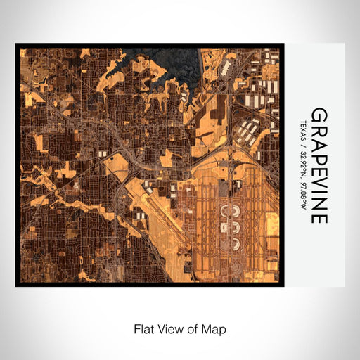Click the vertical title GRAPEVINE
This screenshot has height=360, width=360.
pyautogui.click(x=319, y=165)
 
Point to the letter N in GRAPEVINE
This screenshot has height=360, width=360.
pyautogui.click(x=319, y=200)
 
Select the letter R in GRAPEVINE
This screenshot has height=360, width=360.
pyautogui.click(x=319, y=127)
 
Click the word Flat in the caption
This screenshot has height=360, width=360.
pyautogui.click(x=143, y=328)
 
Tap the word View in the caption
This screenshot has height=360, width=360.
pyautogui.click(x=169, y=328)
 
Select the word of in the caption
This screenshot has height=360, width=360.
pyautogui.click(x=193, y=328)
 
